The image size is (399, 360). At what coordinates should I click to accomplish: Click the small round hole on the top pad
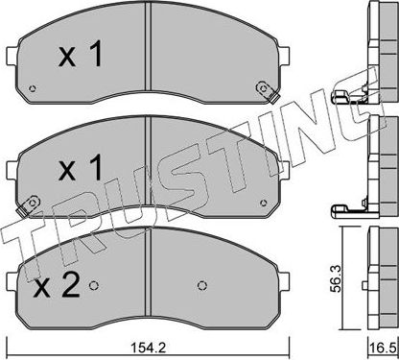click(x=35, y=92)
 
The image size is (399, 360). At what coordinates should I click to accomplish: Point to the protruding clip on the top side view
click(x=340, y=97)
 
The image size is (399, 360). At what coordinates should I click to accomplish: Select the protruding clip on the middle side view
click(x=340, y=209)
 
